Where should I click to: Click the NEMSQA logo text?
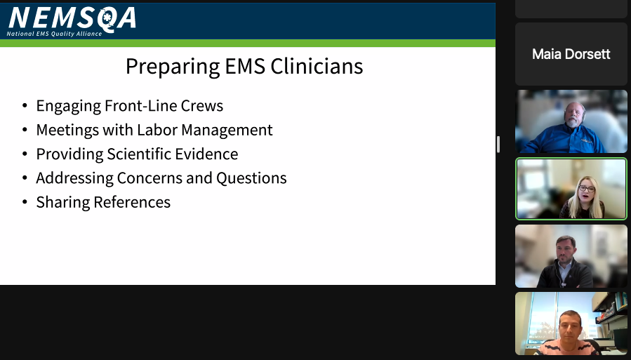pyautogui.click(x=72, y=18)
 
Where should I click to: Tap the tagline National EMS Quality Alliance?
pyautogui.click(x=54, y=34)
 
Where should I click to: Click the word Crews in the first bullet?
pyautogui.click(x=201, y=106)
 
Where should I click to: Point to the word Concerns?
pyautogui.click(x=149, y=178)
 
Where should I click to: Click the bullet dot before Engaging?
pyautogui.click(x=25, y=107)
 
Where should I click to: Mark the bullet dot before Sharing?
pyautogui.click(x=25, y=202)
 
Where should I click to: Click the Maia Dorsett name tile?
pyautogui.click(x=571, y=54)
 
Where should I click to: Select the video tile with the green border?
pyautogui.click(x=571, y=188)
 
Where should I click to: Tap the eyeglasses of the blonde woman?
pyautogui.click(x=586, y=188)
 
